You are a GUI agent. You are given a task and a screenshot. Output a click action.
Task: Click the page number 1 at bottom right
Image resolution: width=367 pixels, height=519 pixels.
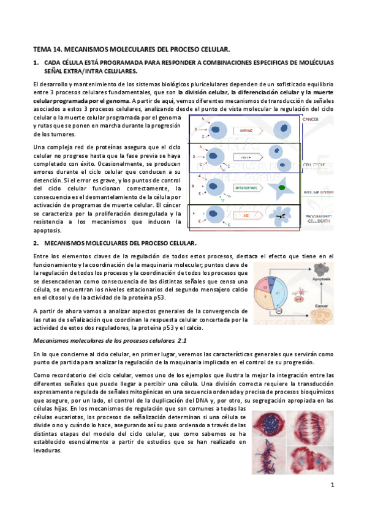tap(330, 487)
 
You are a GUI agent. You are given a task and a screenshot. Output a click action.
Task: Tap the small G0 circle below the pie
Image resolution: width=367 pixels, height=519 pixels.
tap(279, 312)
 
